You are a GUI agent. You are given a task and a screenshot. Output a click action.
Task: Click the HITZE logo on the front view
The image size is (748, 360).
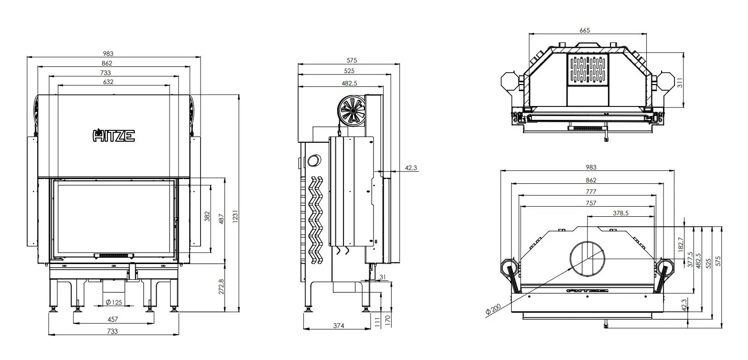tap(113, 136)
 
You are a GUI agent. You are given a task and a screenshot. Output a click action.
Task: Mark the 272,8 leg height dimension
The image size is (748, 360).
tap(221, 287)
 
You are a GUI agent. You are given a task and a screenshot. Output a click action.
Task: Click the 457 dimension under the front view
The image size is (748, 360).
tap(113, 319)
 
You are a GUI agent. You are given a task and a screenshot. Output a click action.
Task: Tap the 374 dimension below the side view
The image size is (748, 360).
tap(338, 326)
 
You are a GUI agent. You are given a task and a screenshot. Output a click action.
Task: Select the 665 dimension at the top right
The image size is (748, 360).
tap(585, 30)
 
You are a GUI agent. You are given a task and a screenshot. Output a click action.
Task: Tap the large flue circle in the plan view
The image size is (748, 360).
tap(588, 258)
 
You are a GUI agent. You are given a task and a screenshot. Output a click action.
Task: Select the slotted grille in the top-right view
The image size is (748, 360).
tap(588, 69)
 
